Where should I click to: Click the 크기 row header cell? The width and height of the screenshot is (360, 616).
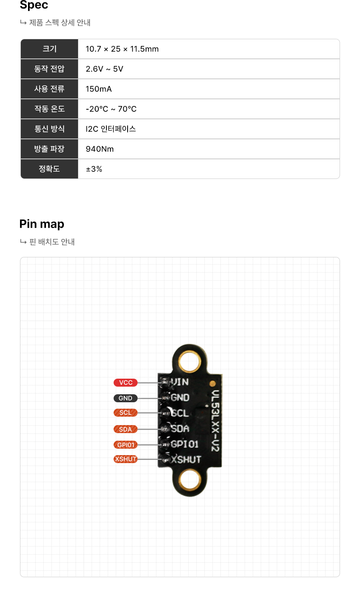(x=49, y=49)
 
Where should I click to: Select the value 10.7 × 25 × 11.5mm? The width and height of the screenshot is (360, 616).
(x=122, y=49)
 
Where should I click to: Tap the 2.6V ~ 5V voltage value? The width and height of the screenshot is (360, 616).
(x=104, y=69)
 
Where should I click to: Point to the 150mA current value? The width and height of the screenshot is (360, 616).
(x=98, y=89)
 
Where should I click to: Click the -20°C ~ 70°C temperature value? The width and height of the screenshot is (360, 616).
(x=111, y=109)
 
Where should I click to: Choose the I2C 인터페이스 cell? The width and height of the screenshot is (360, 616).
(x=111, y=129)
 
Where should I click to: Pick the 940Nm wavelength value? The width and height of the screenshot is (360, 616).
(x=100, y=149)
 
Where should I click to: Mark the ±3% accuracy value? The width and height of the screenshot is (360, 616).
(x=94, y=169)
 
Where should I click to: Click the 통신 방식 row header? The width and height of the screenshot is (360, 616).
(x=49, y=129)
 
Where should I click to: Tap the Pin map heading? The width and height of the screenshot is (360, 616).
(x=42, y=224)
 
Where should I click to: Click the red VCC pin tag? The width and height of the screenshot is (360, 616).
(x=126, y=383)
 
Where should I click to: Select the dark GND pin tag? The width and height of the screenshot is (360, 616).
(x=126, y=398)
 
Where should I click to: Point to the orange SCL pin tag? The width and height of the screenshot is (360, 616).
(x=126, y=413)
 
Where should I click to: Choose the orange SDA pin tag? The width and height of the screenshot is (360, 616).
(x=126, y=429)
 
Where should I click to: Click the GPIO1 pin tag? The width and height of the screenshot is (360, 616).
(x=126, y=445)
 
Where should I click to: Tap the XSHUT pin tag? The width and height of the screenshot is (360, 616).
(x=126, y=459)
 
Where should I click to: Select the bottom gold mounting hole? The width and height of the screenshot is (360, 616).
(x=189, y=479)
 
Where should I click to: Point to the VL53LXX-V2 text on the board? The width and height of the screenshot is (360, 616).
(x=215, y=421)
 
